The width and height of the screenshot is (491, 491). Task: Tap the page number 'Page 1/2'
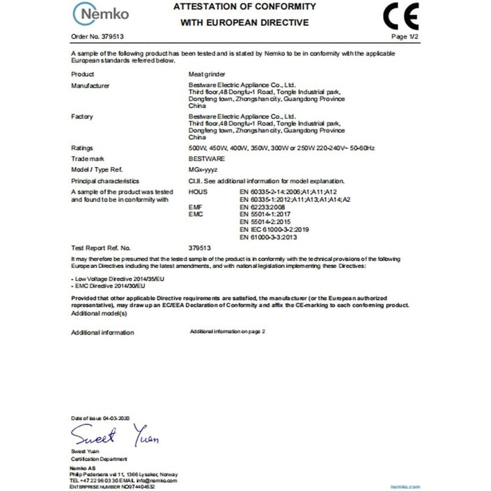click(x=404, y=36)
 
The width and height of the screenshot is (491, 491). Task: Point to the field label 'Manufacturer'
click(x=90, y=84)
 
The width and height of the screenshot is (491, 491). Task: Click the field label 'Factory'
click(x=82, y=116)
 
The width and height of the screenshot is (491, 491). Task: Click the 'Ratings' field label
click(x=83, y=148)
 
